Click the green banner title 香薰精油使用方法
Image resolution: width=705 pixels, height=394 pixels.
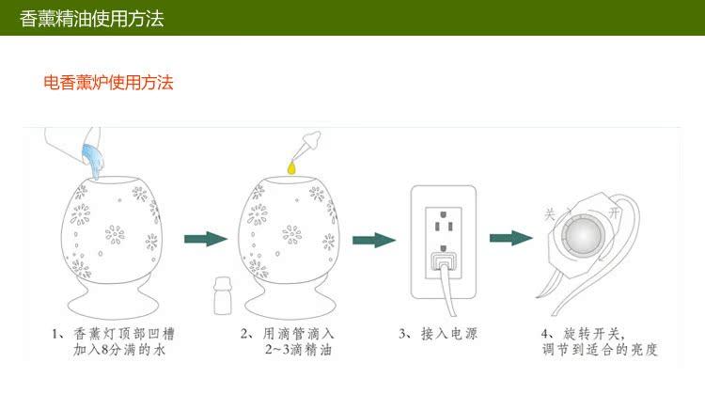[x=92, y=19]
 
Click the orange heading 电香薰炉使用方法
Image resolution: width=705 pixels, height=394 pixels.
[x=108, y=83]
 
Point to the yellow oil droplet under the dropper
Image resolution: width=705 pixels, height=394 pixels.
[x=292, y=167]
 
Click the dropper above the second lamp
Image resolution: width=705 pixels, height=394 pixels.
[x=307, y=145]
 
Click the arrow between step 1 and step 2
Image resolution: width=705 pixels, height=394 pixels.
[x=206, y=239]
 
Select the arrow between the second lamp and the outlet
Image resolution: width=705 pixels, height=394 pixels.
[x=374, y=240]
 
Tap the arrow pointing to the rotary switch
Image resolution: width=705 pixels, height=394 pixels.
[x=511, y=238]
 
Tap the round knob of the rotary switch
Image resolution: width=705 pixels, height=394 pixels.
[x=582, y=235]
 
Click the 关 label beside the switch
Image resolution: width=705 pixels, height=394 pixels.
[x=550, y=214]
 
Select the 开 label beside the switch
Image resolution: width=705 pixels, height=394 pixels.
[x=614, y=213]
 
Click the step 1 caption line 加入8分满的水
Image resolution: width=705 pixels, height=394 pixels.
[x=119, y=350]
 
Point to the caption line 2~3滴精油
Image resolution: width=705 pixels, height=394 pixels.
[x=299, y=350]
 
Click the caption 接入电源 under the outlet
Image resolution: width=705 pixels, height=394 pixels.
[x=449, y=334]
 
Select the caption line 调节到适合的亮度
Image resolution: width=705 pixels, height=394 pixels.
[x=601, y=350]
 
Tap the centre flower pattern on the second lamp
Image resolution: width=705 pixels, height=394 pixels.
[x=292, y=234]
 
